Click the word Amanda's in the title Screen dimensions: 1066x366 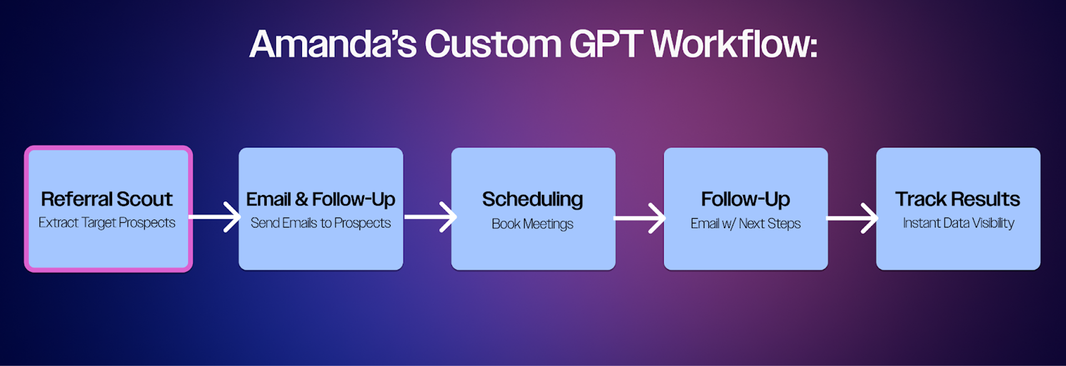[x=333, y=44]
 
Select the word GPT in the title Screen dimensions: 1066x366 [x=606, y=44]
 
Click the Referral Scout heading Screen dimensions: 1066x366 [x=107, y=199]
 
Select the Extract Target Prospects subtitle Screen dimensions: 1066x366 [x=107, y=223]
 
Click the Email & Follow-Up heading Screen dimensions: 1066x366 [x=320, y=199]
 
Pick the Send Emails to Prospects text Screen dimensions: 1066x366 [x=320, y=223]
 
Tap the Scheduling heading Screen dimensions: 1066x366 [x=532, y=199]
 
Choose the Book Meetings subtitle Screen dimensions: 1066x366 [x=532, y=224]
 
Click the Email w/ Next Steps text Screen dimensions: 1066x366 [x=746, y=223]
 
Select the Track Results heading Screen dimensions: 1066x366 [x=958, y=199]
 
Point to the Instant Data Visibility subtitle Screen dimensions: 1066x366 [x=958, y=223]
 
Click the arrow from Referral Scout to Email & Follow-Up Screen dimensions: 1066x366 [x=215, y=217]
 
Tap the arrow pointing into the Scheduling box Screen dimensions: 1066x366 [x=430, y=217]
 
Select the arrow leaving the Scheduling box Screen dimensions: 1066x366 [x=639, y=218]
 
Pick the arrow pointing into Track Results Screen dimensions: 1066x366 [x=852, y=218]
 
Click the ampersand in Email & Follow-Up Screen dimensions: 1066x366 [x=301, y=199]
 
